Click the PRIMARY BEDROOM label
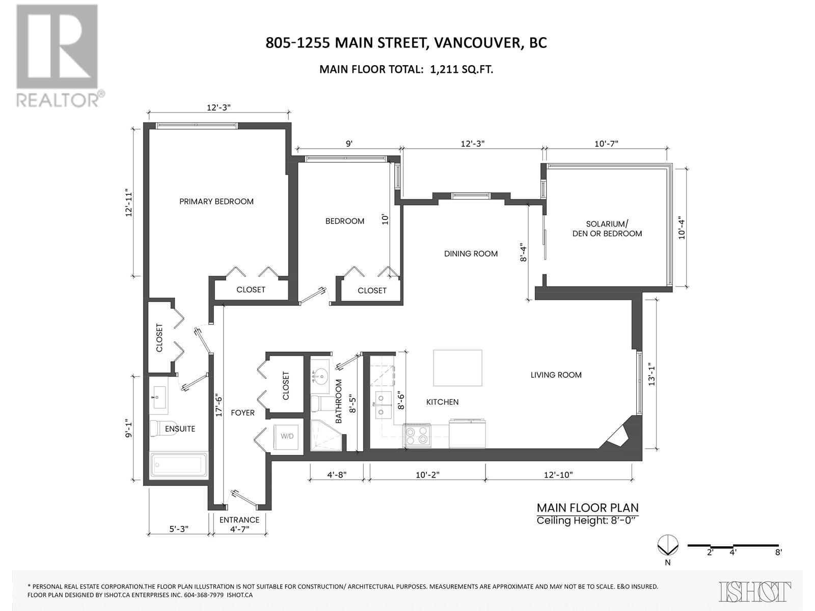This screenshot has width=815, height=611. (216, 202)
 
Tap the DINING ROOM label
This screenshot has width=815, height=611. (471, 254)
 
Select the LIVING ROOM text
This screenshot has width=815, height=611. (556, 375)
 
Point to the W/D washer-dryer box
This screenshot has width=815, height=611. (287, 436)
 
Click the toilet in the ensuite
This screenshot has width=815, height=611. (158, 429)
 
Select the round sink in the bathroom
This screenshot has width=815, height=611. (319, 377)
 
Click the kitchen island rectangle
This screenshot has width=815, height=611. (458, 368)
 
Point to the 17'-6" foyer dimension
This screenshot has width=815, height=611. (219, 406)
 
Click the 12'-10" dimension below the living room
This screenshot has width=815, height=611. (558, 475)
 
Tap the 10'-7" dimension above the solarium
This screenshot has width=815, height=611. (606, 144)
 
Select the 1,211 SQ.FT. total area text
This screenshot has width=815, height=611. (461, 69)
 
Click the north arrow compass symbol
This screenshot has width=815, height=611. (668, 547)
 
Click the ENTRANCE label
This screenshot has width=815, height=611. (239, 520)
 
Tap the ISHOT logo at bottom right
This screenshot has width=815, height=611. (755, 591)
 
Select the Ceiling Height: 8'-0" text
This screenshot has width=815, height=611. (587, 520)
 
